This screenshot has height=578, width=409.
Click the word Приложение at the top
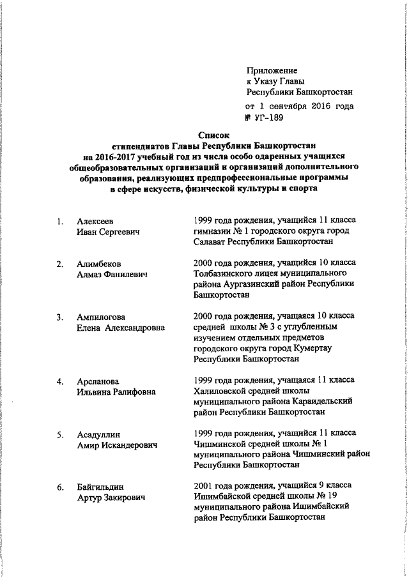(x=272, y=70)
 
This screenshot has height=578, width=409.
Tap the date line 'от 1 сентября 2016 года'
(x=299, y=106)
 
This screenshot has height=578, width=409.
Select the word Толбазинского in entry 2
(x=220, y=274)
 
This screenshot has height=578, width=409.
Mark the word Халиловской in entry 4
(x=217, y=392)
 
